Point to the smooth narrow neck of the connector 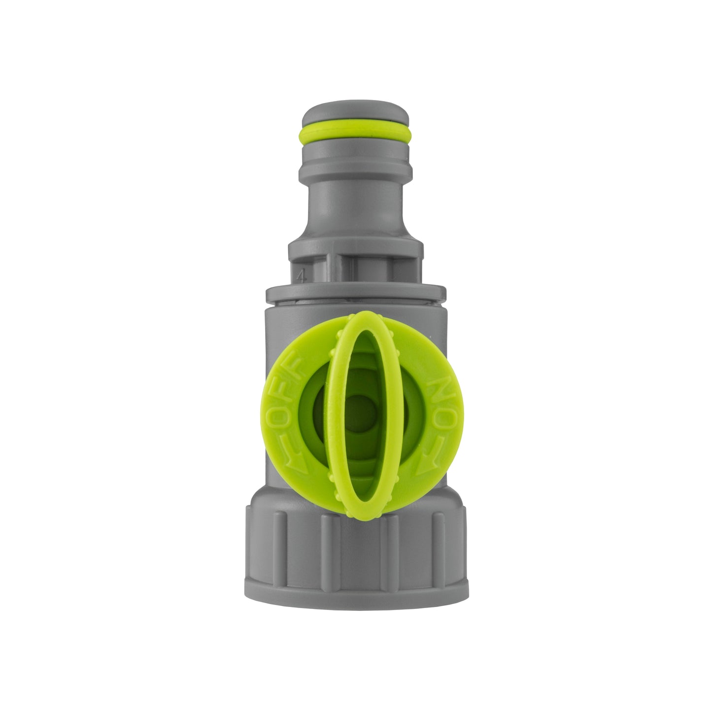(x=356, y=207)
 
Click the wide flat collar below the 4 (x=356, y=293)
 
